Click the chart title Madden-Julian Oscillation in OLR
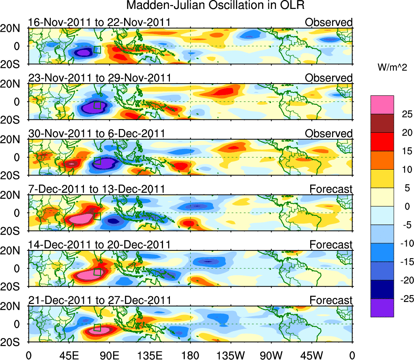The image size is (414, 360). pos(215,6)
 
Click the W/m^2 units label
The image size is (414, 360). pos(392,67)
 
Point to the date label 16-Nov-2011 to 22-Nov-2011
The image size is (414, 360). pos(99,22)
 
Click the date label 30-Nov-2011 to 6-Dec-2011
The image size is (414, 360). pos(96,134)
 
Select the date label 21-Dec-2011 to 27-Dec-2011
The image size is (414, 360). pos(99,300)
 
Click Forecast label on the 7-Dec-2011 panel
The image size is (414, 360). pos(331,189)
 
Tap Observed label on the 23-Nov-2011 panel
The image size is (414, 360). pos(329,78)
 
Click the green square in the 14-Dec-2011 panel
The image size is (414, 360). pos(97,272)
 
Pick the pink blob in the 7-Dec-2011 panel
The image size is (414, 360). pos(81,219)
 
